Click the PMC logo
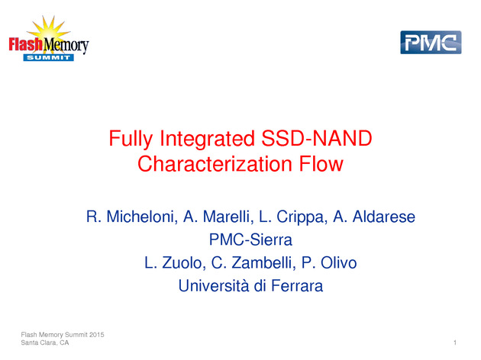(431, 42)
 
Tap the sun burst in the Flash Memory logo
(48, 29)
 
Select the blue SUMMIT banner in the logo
(48, 57)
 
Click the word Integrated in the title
(207, 139)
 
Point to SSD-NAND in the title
(317, 138)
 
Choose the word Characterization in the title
(215, 164)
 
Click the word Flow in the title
(321, 164)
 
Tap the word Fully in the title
(131, 139)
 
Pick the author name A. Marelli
(218, 217)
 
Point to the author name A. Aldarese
(374, 217)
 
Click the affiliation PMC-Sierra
(250, 239)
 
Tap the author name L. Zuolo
(175, 263)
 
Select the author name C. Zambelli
(253, 263)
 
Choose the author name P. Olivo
(329, 263)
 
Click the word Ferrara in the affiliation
(297, 286)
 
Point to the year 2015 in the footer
(97, 335)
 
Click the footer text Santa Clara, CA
(45, 342)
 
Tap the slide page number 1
(455, 342)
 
